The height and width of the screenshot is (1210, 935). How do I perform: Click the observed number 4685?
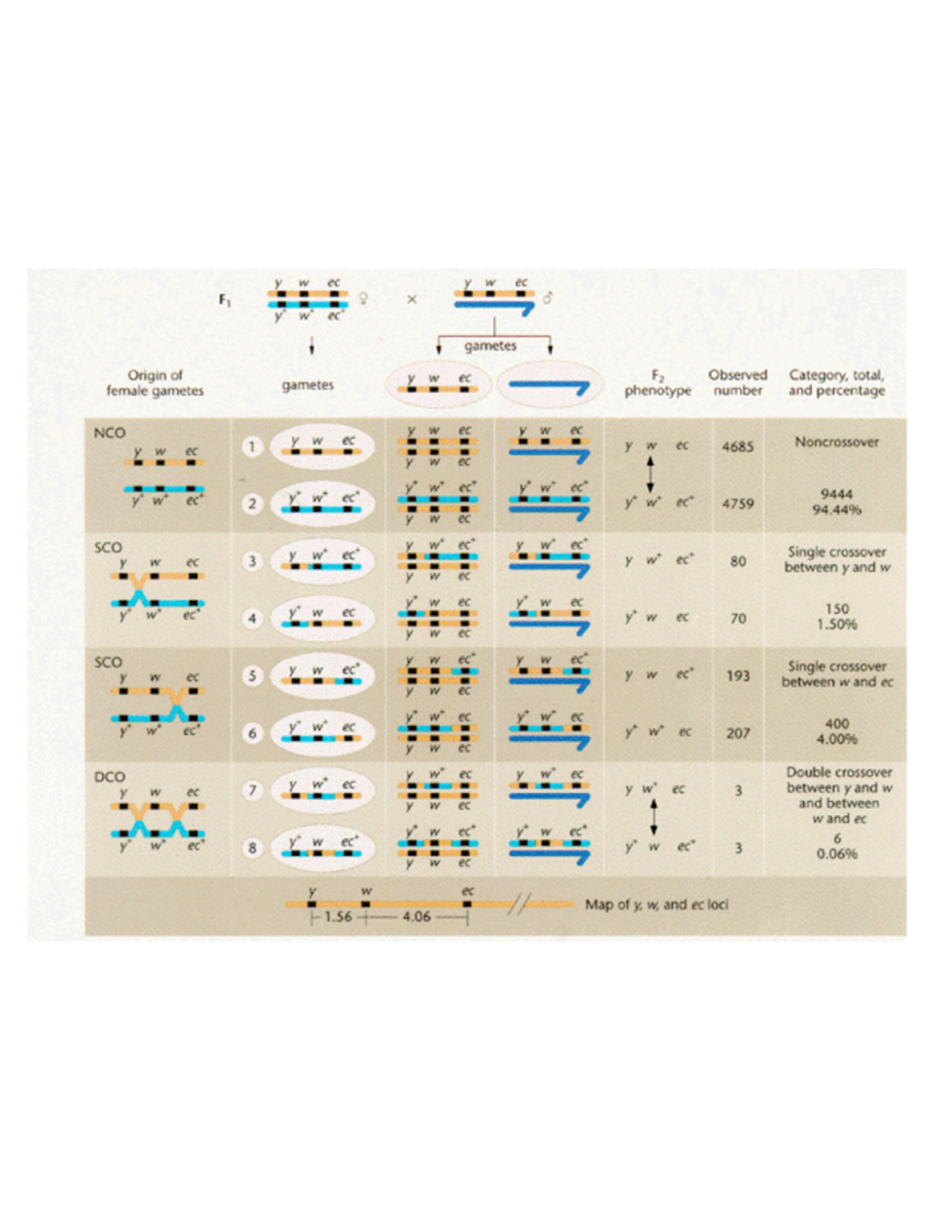tap(737, 446)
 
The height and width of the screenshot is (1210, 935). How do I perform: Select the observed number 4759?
tap(737, 503)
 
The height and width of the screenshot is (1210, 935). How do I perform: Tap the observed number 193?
tap(737, 676)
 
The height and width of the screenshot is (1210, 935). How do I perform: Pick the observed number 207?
tap(737, 733)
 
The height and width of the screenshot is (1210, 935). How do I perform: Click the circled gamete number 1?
tap(251, 446)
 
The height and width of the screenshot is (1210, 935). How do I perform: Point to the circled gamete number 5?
tap(252, 676)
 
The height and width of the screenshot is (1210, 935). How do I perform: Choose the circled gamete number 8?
tap(252, 848)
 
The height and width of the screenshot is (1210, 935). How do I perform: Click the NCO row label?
tap(109, 432)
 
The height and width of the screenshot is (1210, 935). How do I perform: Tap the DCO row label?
tap(109, 777)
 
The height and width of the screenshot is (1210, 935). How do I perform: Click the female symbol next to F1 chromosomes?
tap(362, 298)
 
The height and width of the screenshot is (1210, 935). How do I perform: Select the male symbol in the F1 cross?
tap(548, 298)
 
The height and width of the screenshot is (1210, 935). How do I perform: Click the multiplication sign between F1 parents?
tap(411, 298)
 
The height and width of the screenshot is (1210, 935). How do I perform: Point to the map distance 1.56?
tap(337, 917)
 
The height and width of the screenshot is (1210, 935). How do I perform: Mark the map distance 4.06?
tap(416, 917)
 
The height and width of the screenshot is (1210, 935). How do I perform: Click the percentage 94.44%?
tap(837, 510)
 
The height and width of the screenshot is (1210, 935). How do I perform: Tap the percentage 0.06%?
tap(837, 854)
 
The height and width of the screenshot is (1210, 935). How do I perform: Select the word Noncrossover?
tap(837, 442)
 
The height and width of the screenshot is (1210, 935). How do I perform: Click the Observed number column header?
tap(737, 383)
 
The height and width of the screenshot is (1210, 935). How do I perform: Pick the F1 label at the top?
tap(225, 300)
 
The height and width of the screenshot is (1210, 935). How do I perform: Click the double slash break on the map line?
tap(520, 905)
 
